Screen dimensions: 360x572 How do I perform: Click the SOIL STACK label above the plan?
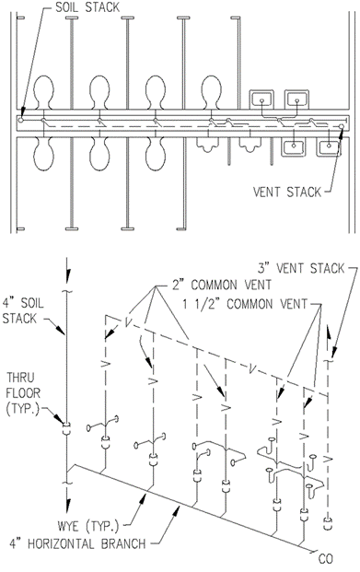click(87, 7)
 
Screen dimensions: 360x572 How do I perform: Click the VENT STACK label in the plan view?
click(287, 192)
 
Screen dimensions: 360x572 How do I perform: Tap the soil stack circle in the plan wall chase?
click(21, 120)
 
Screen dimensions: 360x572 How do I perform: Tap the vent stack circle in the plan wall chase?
click(341, 126)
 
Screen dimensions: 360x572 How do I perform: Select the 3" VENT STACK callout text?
click(301, 268)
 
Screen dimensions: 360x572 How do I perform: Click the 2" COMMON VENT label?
click(221, 285)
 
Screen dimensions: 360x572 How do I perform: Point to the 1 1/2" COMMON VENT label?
click(245, 304)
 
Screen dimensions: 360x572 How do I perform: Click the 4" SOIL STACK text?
click(23, 310)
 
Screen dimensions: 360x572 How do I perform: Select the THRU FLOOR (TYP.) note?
click(23, 393)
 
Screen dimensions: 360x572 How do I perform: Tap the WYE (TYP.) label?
click(88, 526)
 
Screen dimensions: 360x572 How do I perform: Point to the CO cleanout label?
click(325, 559)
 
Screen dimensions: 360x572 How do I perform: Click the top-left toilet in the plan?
click(44, 92)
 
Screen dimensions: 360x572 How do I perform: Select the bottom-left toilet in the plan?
click(44, 154)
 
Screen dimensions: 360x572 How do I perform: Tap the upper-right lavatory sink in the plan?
click(296, 99)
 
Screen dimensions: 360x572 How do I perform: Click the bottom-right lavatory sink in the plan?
click(330, 147)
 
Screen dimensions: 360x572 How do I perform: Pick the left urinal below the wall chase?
click(208, 145)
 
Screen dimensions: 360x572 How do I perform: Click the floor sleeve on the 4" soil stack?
click(66, 428)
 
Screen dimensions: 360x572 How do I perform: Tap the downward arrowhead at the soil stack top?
click(66, 276)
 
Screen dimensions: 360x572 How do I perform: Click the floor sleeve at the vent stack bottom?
click(329, 523)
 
